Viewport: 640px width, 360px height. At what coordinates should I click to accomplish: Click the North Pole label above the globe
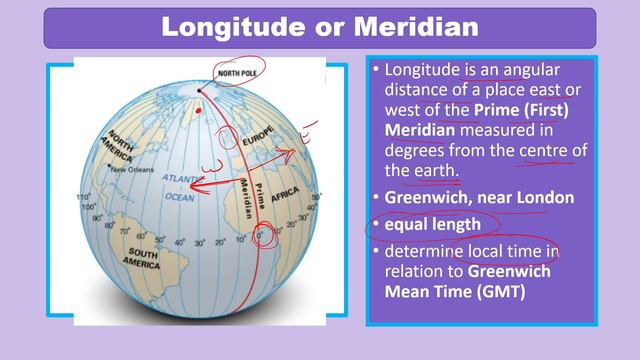[x=238, y=73]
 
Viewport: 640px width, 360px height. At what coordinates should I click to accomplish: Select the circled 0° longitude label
[x=264, y=236]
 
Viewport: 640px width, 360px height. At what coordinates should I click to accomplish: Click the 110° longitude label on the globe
[x=83, y=198]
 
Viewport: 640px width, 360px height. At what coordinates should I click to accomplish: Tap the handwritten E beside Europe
[x=310, y=129]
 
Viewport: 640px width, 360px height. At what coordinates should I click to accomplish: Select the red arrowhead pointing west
[x=195, y=184]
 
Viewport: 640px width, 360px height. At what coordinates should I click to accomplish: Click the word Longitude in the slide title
[x=224, y=28]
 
